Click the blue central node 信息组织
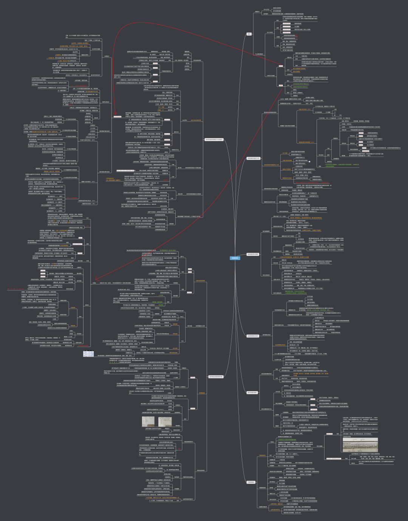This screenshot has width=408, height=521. [235, 258]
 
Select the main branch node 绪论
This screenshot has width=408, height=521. [249, 34]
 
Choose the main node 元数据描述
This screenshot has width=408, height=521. [251, 482]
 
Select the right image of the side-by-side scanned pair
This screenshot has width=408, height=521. [165, 421]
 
